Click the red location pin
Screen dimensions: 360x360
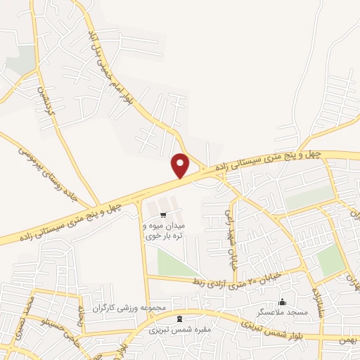(x=181, y=165)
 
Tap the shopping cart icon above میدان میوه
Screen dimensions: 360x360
(x=163, y=214)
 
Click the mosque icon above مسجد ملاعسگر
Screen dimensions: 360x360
(x=283, y=302)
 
